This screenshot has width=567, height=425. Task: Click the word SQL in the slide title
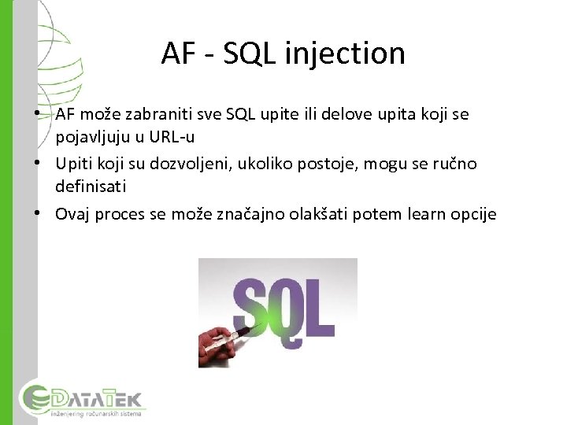(x=251, y=54)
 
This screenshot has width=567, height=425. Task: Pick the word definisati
(x=91, y=187)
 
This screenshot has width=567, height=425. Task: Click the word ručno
(x=457, y=164)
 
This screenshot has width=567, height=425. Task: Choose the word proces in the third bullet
(x=122, y=214)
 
